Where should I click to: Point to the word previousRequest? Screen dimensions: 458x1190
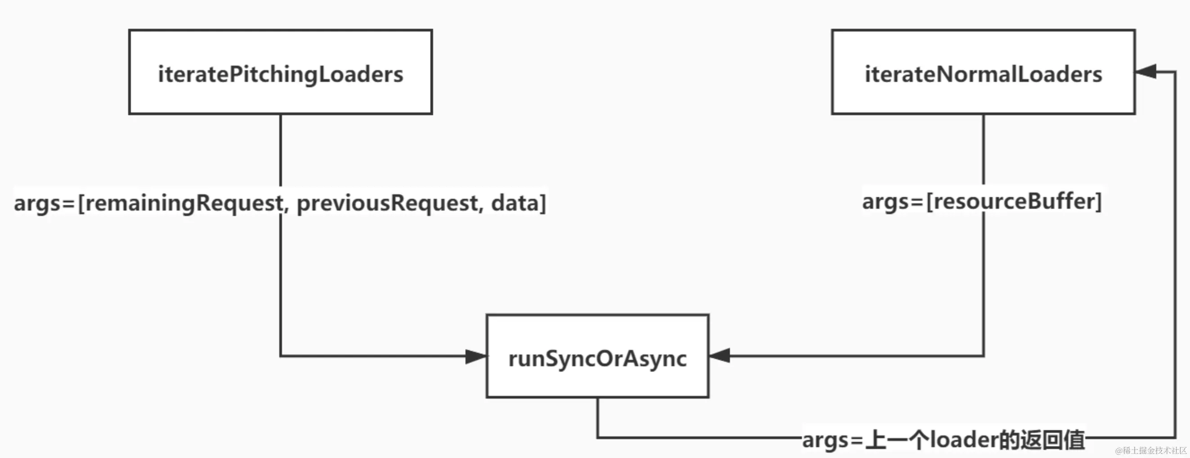coord(387,203)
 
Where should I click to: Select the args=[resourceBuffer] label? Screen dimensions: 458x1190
coord(982,202)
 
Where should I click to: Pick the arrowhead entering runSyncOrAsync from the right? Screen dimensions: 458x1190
coord(720,355)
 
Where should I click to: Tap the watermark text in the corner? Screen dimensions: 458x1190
coord(1151,450)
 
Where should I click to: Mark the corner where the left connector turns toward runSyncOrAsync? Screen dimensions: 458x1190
coord(280,356)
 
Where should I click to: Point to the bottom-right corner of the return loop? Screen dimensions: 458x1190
coord(1175,437)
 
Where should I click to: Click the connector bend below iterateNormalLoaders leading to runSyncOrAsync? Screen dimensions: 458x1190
coord(984,356)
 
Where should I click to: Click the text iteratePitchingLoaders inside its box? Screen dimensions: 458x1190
coord(280,74)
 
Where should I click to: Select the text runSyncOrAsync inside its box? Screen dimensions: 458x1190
coord(597,359)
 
